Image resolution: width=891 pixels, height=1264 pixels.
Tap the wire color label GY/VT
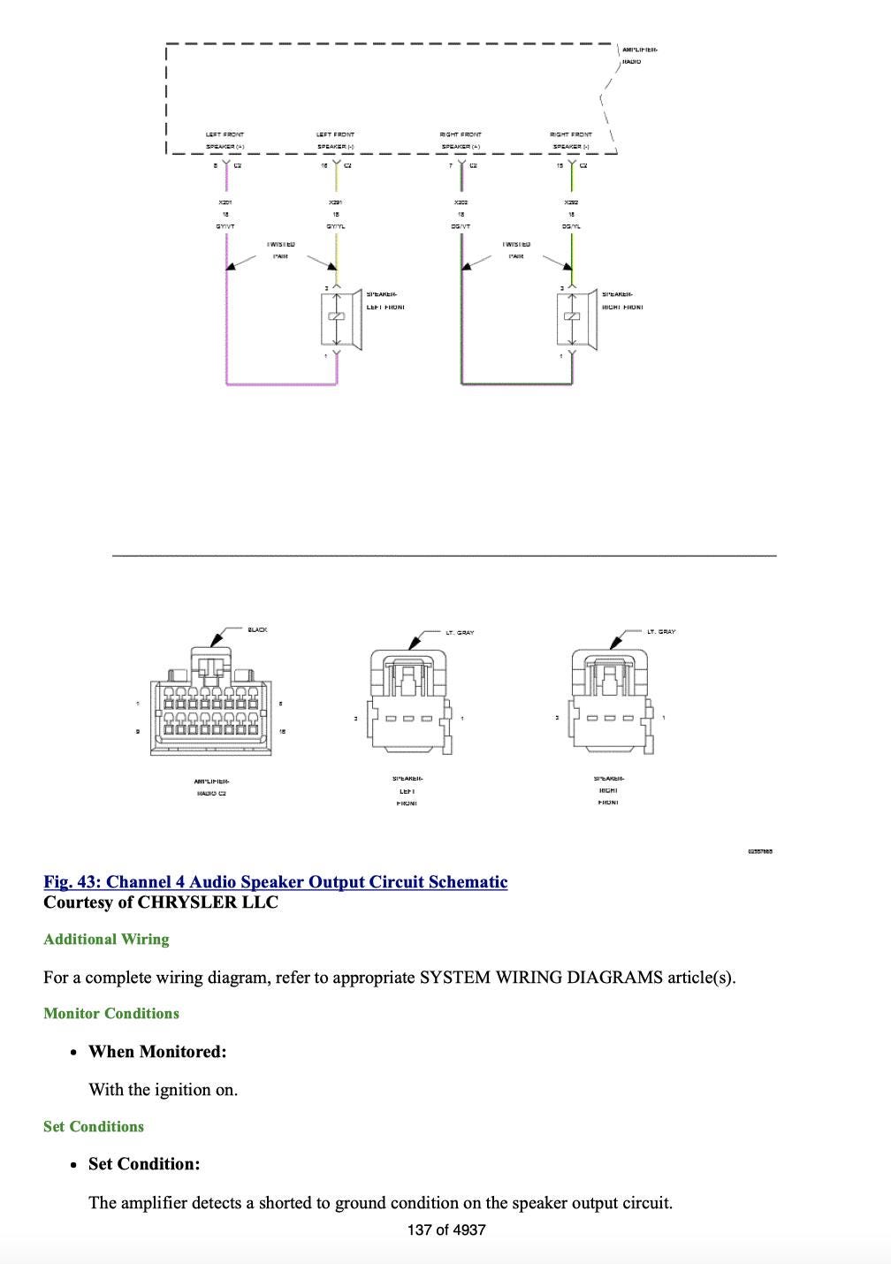click(225, 226)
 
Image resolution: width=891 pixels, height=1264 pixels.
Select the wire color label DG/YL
click(571, 226)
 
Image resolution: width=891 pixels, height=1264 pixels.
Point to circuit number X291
click(335, 202)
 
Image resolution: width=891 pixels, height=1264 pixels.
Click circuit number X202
click(461, 202)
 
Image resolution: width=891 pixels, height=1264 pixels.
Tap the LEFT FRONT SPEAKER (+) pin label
click(225, 141)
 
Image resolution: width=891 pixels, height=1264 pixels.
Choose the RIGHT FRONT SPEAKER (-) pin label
click(571, 141)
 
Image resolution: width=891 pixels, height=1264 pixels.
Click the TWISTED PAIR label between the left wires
click(280, 249)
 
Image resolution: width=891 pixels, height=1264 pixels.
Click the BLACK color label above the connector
click(257, 629)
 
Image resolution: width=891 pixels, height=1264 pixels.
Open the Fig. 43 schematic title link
click(276, 882)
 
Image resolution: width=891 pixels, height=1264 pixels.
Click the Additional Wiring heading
click(106, 939)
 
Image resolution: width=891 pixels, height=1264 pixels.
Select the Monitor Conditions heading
click(111, 1013)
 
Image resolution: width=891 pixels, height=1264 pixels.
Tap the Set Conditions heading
click(94, 1126)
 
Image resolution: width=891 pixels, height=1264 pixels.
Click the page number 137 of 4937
click(446, 1230)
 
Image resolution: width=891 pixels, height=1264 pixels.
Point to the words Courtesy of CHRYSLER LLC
click(161, 902)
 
